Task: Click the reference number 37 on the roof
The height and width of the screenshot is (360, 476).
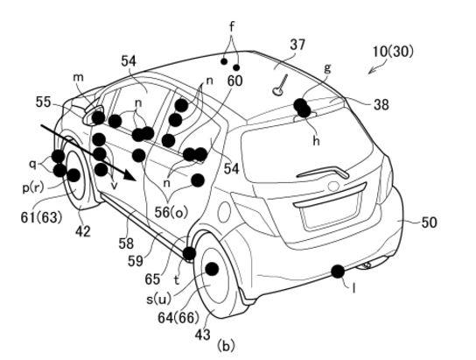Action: tap(297, 45)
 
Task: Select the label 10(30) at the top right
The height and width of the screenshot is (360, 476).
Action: tap(393, 52)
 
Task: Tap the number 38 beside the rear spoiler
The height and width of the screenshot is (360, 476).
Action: tap(381, 105)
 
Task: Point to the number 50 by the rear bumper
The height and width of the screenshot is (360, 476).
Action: tap(429, 222)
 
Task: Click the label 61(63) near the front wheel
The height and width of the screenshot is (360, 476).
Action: tap(41, 217)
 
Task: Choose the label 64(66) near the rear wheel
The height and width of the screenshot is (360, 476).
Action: tap(178, 318)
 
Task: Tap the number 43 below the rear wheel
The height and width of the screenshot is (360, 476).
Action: tap(202, 335)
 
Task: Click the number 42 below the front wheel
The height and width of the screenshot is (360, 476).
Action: tap(83, 231)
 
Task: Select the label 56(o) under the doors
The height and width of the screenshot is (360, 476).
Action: tap(171, 212)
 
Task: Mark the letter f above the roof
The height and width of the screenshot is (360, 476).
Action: tap(232, 27)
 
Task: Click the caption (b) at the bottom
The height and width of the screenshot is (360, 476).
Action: tap(226, 346)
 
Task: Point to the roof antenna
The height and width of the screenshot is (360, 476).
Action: tap(280, 85)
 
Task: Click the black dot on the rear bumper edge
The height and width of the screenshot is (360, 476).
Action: tap(338, 272)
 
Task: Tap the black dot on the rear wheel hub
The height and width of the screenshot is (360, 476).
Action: tap(212, 269)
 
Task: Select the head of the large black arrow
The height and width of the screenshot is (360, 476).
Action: tap(129, 175)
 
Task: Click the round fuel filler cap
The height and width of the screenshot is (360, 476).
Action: tap(224, 210)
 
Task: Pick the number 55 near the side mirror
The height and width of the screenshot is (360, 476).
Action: tap(43, 102)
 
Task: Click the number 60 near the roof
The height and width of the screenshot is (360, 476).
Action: tap(235, 81)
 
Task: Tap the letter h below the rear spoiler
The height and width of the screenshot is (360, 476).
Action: tap(317, 140)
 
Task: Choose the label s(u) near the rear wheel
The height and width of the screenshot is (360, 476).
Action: tap(158, 300)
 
